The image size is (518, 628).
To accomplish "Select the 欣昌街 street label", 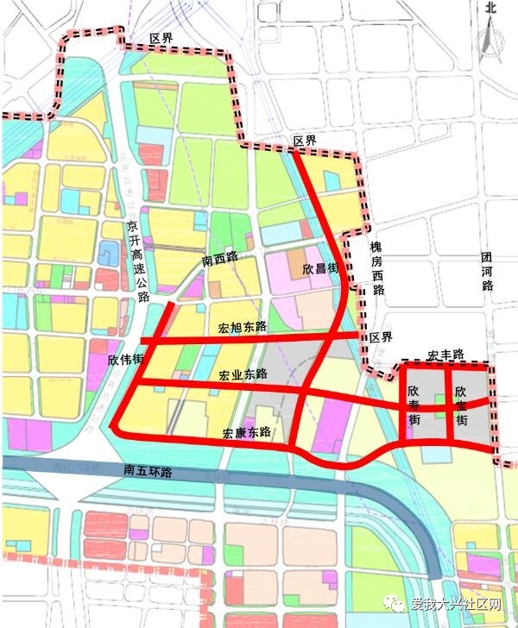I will pyautogui.click(x=319, y=269).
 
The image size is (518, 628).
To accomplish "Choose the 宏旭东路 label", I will pyautogui.click(x=243, y=327).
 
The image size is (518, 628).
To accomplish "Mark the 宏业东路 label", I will pyautogui.click(x=243, y=374).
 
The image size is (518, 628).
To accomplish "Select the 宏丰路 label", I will pyautogui.click(x=445, y=355).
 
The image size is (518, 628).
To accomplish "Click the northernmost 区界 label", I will pyautogui.click(x=161, y=39).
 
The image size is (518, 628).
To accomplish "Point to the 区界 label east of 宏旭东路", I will pyautogui.click(x=381, y=336).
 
